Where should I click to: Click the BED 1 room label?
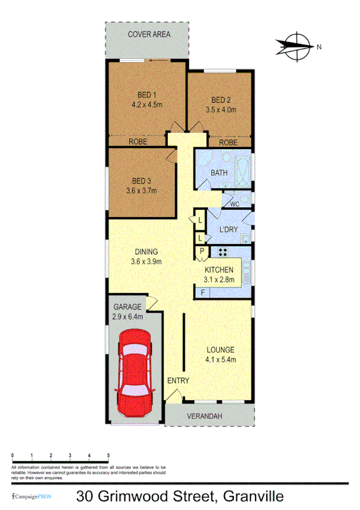pyautogui.click(x=147, y=94)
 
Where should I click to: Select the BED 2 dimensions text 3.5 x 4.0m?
pyautogui.click(x=221, y=110)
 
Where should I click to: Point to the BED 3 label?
pyautogui.click(x=141, y=180)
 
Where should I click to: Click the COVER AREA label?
pyautogui.click(x=149, y=34)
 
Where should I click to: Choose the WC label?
pyautogui.click(x=234, y=204)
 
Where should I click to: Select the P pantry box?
pyautogui.click(x=202, y=251)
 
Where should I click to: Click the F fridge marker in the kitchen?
pyautogui.click(x=203, y=293)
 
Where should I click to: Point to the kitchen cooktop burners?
pyautogui.click(x=222, y=253)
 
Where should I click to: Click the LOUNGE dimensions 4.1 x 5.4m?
pyautogui.click(x=221, y=360)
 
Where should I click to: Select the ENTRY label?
pyautogui.click(x=178, y=381)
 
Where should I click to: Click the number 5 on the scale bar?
pyautogui.click(x=108, y=455)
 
